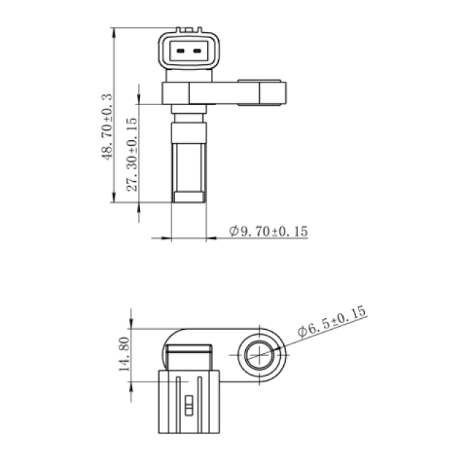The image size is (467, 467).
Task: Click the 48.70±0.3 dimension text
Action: tap(107, 127)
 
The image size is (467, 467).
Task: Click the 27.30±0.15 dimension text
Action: tap(132, 155)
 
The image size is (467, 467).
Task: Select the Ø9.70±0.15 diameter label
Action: tap(269, 231)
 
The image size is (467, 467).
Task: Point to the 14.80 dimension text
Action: tap(124, 354)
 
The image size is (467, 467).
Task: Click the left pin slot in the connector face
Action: tap(180, 51)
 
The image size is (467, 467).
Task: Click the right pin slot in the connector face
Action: tap(197, 51)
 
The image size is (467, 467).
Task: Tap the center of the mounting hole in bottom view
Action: tap(260, 355)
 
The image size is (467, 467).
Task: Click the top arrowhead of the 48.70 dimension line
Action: tap(114, 33)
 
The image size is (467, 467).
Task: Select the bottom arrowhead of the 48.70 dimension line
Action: tap(114, 197)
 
